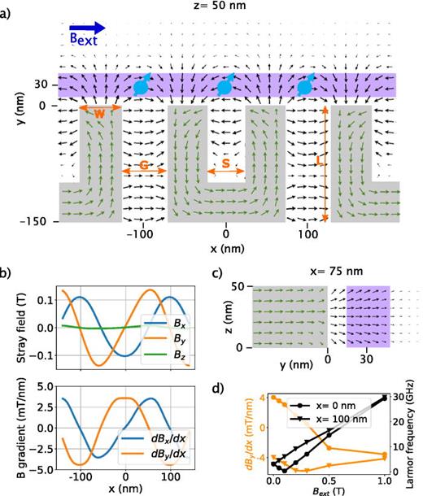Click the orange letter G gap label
point(143,166)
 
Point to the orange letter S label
point(225,166)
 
